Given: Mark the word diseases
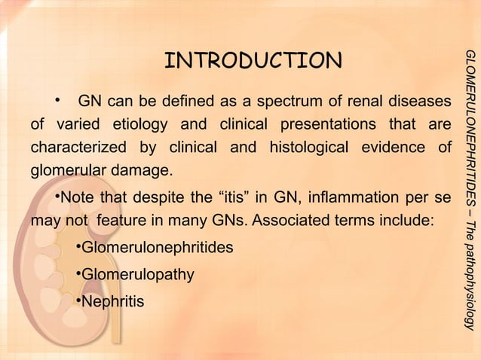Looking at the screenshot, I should pyautogui.click(x=424, y=101).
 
